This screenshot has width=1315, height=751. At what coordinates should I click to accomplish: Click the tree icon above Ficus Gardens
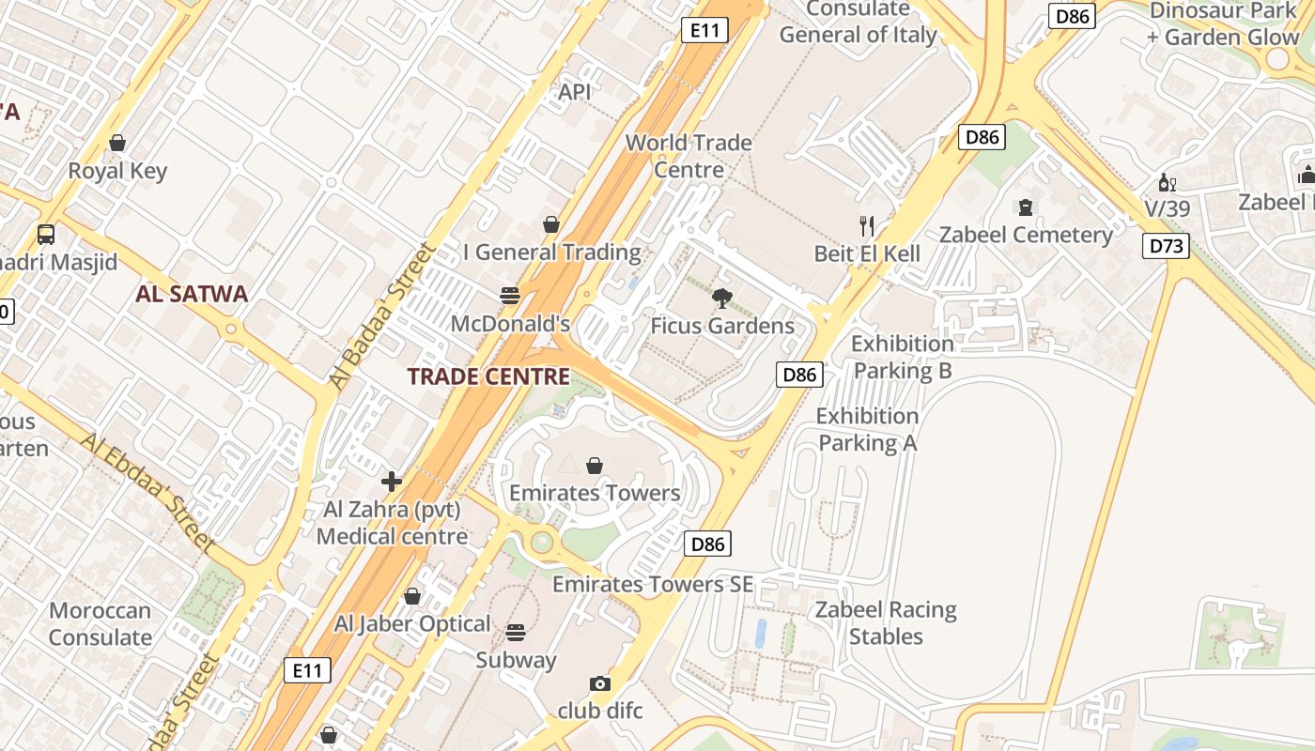(722, 299)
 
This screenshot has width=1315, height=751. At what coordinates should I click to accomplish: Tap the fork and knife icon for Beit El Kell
(867, 225)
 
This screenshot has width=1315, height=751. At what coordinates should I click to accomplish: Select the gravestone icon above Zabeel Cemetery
(1026, 207)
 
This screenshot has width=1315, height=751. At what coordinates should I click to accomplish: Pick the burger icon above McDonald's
(510, 296)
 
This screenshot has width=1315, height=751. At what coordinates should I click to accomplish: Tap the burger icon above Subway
(515, 632)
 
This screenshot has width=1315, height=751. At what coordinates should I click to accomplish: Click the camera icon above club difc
(599, 683)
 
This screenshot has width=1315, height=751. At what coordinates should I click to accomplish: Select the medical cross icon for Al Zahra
(392, 483)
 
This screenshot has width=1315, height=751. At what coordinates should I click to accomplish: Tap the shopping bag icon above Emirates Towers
(595, 466)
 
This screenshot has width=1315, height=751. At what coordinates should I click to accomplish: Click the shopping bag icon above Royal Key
(117, 143)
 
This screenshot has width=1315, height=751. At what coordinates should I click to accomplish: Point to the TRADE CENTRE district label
(488, 376)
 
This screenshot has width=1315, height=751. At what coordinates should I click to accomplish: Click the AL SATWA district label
(193, 294)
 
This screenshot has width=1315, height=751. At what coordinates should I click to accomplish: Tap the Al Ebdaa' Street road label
(149, 491)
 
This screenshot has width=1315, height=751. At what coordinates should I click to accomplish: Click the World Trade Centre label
(688, 156)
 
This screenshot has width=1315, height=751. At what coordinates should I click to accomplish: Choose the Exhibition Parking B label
(902, 357)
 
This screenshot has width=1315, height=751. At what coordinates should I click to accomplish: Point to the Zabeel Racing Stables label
(886, 623)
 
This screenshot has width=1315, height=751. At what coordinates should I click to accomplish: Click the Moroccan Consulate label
(101, 624)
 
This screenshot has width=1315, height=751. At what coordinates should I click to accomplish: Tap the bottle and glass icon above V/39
(1167, 182)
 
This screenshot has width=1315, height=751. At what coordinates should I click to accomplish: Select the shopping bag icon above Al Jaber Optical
(411, 596)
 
